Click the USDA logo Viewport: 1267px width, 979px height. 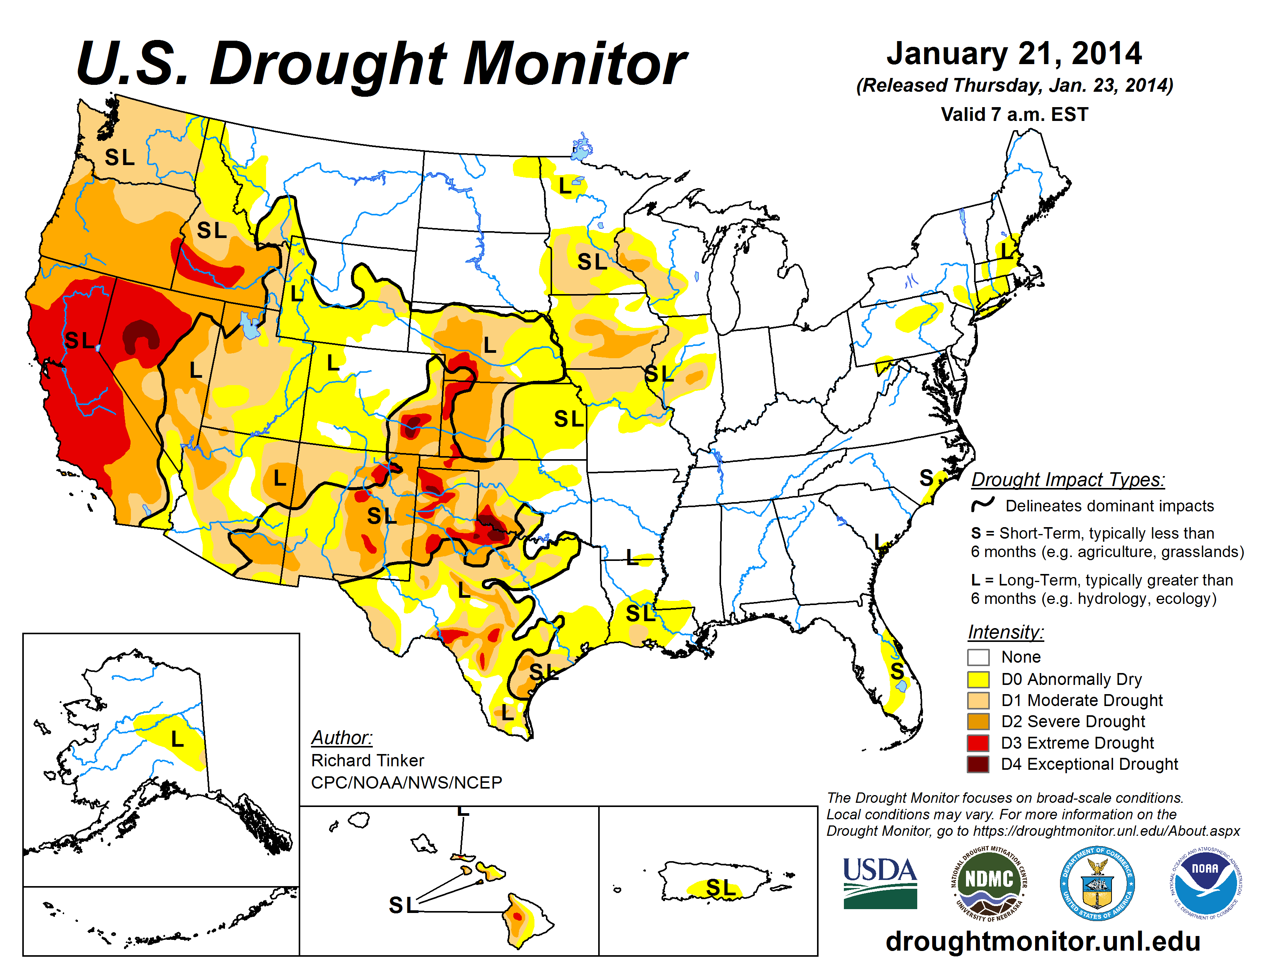click(880, 883)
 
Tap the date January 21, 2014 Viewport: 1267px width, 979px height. click(1014, 53)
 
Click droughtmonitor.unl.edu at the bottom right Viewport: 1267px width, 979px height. click(1042, 941)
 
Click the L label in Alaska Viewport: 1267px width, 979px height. click(177, 739)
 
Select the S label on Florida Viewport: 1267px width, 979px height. click(897, 671)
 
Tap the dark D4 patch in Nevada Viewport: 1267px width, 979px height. click(141, 335)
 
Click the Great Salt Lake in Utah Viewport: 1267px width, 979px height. click(250, 326)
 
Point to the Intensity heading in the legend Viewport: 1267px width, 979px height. click(1006, 632)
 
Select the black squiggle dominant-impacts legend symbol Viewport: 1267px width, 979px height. click(983, 504)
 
